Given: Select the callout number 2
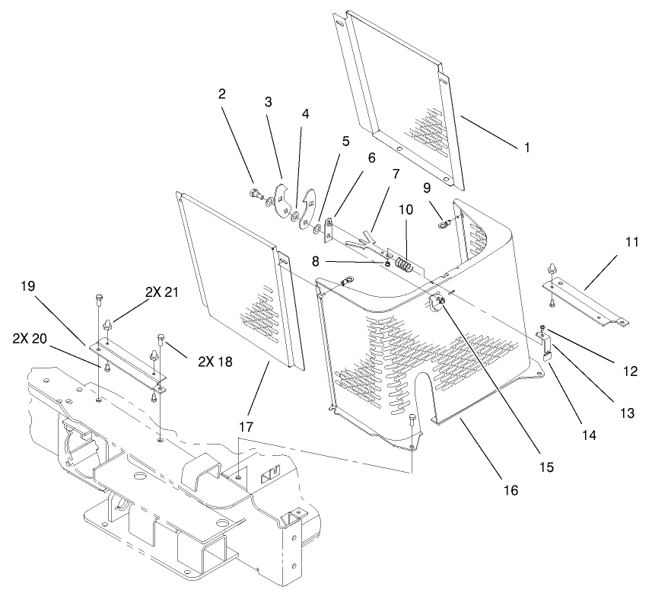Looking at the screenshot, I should pos(222,94).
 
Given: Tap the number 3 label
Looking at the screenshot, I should pos(268,102).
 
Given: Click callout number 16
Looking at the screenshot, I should pos(510,491).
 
